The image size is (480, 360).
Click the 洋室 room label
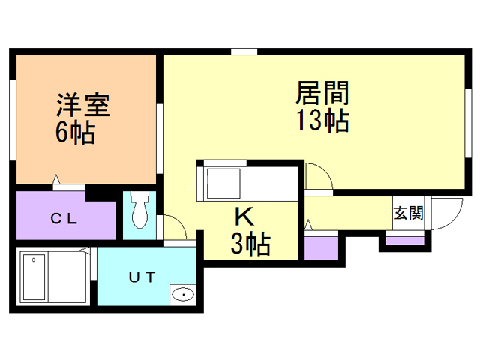point(83,104)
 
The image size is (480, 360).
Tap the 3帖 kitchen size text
point(250,244)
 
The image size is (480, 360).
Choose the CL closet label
point(64,219)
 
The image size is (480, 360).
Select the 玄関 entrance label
point(408,212)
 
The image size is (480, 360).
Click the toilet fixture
point(139,211)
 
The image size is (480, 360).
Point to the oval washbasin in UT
point(182,295)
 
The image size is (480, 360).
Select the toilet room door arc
point(174,226)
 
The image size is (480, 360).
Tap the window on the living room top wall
point(244,51)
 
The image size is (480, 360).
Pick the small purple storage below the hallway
point(320,247)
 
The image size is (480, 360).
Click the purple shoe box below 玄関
point(404,240)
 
